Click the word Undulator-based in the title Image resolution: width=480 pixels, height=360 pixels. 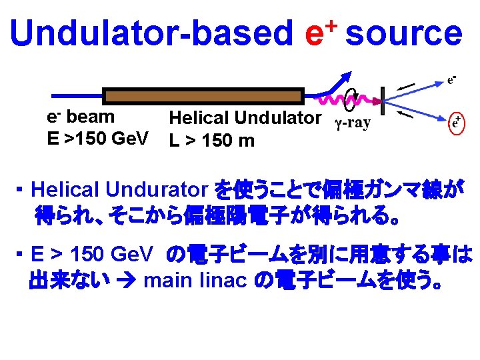(151, 33)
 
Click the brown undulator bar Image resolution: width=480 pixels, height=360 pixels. (203, 97)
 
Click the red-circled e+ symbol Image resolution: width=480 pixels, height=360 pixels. (457, 122)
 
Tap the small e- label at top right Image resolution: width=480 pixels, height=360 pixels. (451, 79)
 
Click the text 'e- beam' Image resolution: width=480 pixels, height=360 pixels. (80, 117)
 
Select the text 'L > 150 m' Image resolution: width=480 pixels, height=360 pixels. (211, 141)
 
